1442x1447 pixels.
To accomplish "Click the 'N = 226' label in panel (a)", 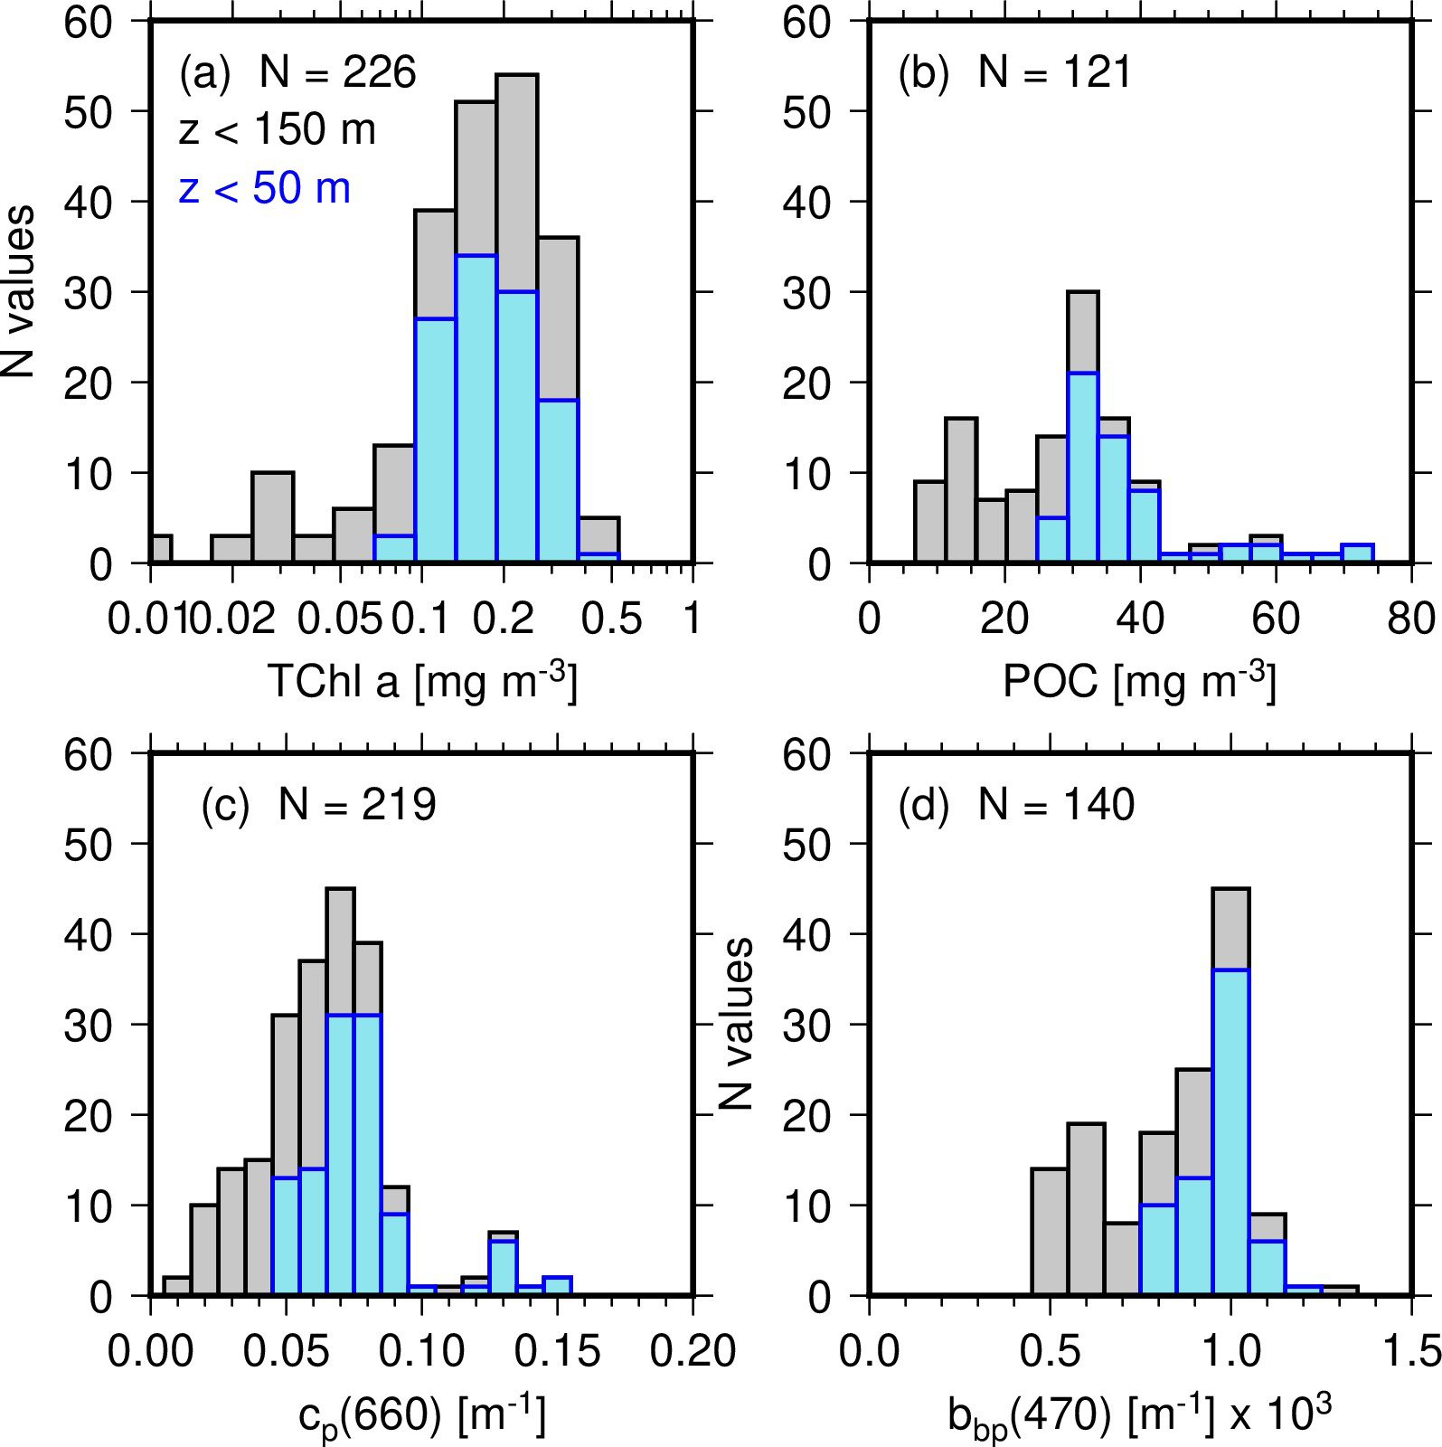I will (x=338, y=72).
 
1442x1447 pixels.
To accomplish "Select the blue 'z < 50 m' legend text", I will (x=265, y=190).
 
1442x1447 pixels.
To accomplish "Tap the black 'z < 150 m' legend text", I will (x=277, y=131).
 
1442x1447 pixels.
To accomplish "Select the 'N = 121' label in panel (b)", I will (x=1055, y=72).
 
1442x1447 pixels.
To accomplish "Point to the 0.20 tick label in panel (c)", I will (x=692, y=1352).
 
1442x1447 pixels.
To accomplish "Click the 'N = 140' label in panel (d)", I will (x=1056, y=804).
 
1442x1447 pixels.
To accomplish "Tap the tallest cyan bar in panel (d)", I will (x=1230, y=1130).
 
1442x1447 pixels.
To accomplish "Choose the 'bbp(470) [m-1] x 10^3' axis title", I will (x=1140, y=1416).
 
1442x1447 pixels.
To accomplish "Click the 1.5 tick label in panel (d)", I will (x=1411, y=1352).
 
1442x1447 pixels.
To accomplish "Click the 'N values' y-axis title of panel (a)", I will (x=20, y=291).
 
